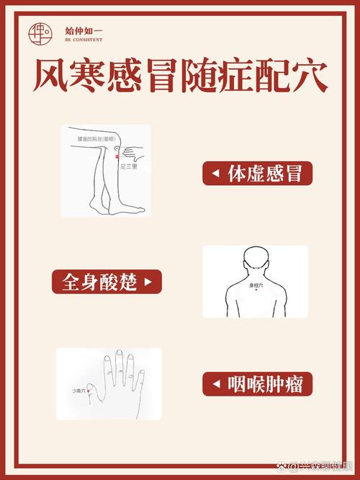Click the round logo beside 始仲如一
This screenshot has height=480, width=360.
coord(40,32)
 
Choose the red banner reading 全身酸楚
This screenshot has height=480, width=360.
coord(107,281)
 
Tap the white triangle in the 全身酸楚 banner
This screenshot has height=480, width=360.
coord(149,281)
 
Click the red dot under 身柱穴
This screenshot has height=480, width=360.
coord(256,290)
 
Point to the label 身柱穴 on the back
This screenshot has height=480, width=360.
coord(256,285)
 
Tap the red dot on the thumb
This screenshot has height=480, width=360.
coord(88,391)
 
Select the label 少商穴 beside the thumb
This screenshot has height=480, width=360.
coord(78,391)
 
